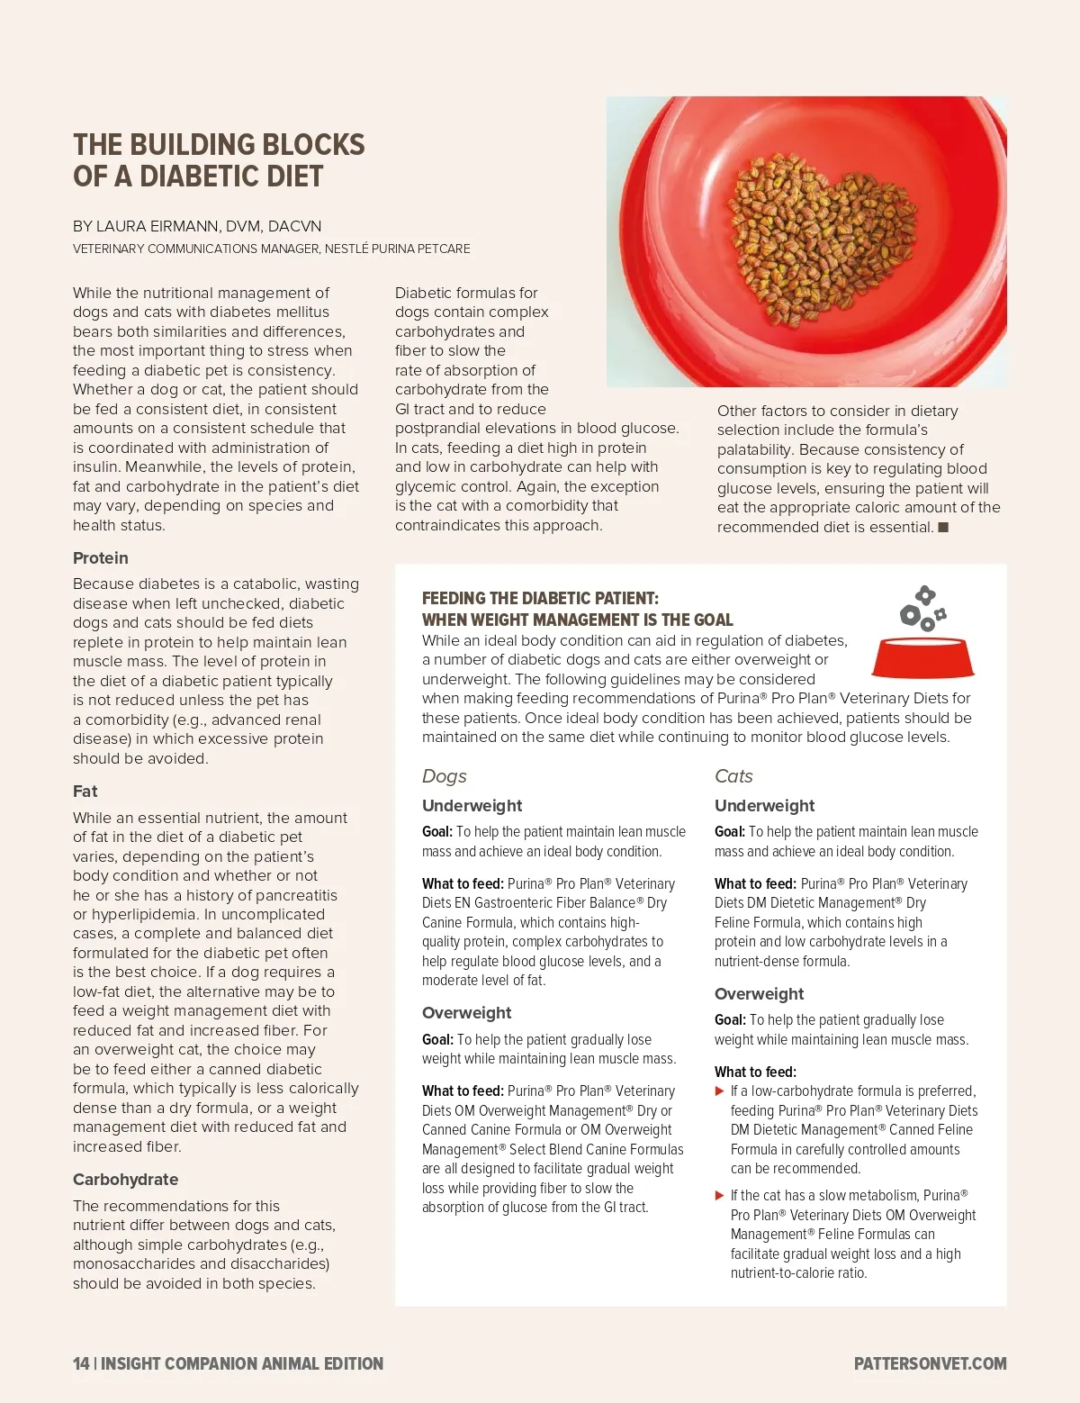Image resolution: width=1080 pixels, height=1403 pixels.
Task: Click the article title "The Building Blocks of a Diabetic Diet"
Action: tap(219, 160)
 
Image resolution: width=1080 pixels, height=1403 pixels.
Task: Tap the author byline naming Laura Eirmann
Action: tap(197, 226)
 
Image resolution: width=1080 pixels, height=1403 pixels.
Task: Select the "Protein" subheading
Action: tap(101, 558)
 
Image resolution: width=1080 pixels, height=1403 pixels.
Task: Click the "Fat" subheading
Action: tap(85, 792)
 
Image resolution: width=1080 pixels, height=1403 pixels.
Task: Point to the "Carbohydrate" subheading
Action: tap(125, 1180)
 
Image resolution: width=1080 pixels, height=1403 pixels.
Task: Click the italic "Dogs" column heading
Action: tap(445, 776)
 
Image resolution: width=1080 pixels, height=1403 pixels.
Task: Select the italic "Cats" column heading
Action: tap(733, 776)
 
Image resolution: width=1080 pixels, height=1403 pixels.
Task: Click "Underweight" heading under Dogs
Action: tap(472, 806)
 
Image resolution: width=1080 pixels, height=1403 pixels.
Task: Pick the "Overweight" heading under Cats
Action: tap(759, 994)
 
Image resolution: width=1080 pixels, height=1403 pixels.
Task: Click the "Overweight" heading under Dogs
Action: tap(466, 1013)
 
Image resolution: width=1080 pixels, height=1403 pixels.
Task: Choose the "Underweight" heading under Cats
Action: tap(764, 806)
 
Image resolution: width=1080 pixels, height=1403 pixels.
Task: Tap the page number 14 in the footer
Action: tap(81, 1363)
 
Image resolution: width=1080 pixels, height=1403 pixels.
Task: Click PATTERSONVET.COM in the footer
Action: tap(930, 1363)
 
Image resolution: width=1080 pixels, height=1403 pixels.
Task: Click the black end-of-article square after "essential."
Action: tap(943, 527)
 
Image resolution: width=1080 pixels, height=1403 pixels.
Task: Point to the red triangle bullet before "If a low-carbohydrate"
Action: tap(720, 1091)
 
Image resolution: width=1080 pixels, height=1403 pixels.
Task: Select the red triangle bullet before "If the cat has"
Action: tap(720, 1196)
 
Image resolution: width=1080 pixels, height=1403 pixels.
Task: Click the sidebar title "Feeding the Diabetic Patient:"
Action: tap(540, 598)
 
